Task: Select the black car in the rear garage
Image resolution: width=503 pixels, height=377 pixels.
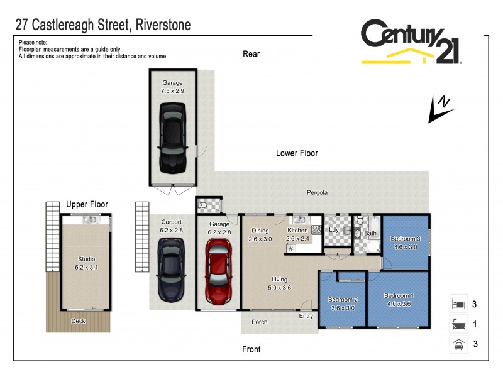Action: coord(172,138)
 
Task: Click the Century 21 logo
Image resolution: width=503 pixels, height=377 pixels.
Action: coord(411,42)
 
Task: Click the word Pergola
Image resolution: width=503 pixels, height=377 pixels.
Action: coord(318,193)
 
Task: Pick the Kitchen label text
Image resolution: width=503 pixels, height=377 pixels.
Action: coord(297,231)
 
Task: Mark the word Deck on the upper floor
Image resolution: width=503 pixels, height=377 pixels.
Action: coord(78,321)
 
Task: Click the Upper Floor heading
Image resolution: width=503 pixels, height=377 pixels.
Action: coord(87,204)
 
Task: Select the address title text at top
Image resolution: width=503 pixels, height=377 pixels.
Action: coord(102,26)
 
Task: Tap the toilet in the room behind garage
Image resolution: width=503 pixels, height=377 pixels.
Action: coord(203,205)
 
